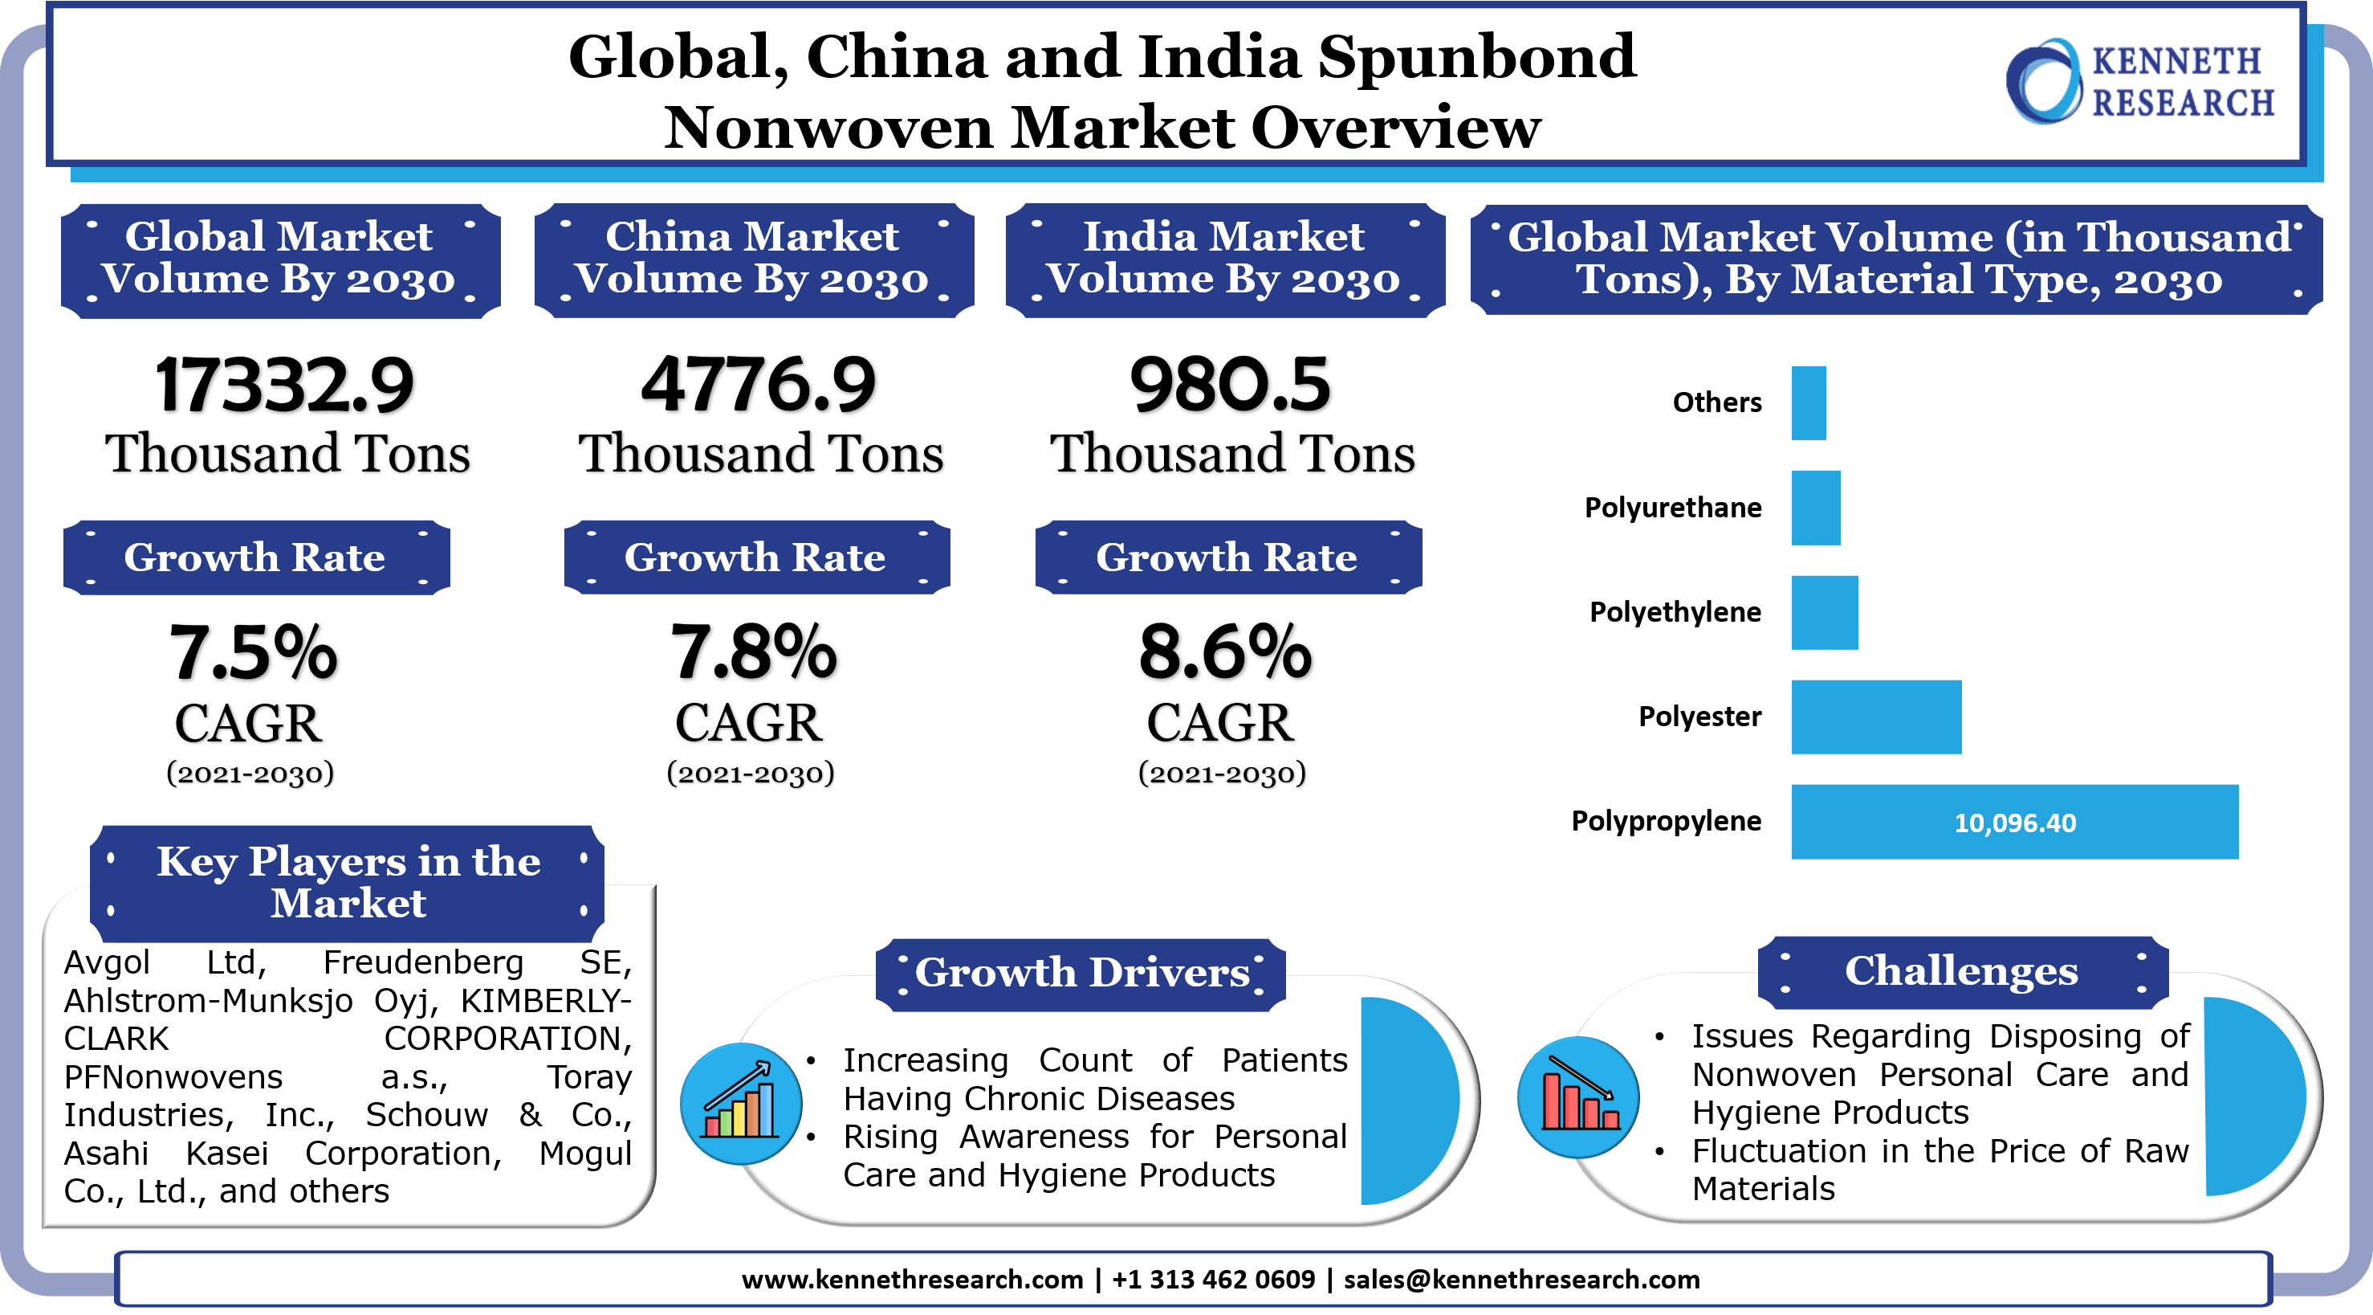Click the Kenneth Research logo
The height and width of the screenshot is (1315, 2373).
click(2139, 81)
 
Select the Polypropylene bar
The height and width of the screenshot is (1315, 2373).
click(2015, 822)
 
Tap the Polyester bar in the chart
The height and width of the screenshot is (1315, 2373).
click(1876, 717)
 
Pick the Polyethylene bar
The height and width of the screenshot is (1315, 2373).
click(1825, 613)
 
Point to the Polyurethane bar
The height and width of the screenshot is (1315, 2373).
click(1816, 508)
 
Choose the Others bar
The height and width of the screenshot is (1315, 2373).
click(1809, 403)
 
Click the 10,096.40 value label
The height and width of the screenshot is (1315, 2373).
click(2016, 823)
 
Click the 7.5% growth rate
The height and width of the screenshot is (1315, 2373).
click(254, 651)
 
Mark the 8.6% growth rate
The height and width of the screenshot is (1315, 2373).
click(1225, 651)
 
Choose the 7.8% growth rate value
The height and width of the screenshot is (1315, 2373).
click(754, 651)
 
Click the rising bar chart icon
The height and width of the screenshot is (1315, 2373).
click(742, 1103)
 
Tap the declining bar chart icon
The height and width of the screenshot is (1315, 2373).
click(1578, 1097)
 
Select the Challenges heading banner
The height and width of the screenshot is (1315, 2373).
click(1962, 971)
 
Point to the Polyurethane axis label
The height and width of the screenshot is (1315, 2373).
click(1673, 508)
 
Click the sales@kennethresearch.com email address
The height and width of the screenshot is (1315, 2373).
click(1522, 1279)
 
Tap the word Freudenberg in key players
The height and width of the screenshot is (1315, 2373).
click(423, 963)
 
